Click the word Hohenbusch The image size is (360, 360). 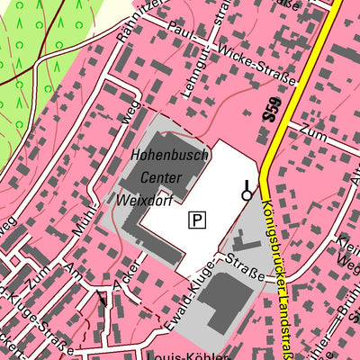[x=170, y=155]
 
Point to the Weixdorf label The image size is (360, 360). [x=145, y=198]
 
